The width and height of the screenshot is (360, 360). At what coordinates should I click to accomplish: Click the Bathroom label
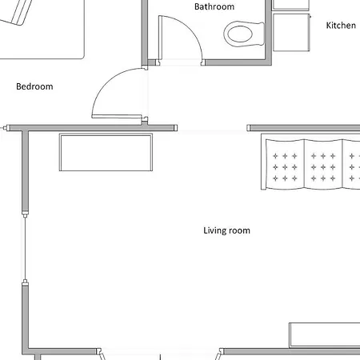coord(214,6)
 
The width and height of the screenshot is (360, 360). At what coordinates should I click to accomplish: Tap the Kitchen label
coord(341,26)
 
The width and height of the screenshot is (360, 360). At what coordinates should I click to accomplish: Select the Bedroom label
coord(34,86)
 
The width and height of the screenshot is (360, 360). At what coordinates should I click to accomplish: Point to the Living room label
coord(226,230)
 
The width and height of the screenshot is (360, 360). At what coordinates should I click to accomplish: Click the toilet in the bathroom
coord(244,34)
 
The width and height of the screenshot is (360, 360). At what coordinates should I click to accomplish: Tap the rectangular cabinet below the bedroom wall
coord(106,152)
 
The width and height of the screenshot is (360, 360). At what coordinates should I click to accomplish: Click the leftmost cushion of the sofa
coord(285,164)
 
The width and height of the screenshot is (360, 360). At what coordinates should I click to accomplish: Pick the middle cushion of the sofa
coord(323,164)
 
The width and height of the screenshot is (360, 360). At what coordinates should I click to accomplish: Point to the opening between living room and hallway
coord(212,128)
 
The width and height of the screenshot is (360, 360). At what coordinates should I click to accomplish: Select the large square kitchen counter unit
coord(291,32)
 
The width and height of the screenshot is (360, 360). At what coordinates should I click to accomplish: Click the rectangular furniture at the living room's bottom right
coord(325,335)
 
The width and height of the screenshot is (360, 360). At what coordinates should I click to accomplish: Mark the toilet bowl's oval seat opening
coord(240,34)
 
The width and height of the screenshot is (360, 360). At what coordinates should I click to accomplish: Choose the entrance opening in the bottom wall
coord(160,352)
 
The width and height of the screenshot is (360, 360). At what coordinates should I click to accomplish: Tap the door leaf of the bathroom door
coord(161,38)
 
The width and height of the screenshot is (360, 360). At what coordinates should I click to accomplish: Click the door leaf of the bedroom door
coord(117,116)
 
